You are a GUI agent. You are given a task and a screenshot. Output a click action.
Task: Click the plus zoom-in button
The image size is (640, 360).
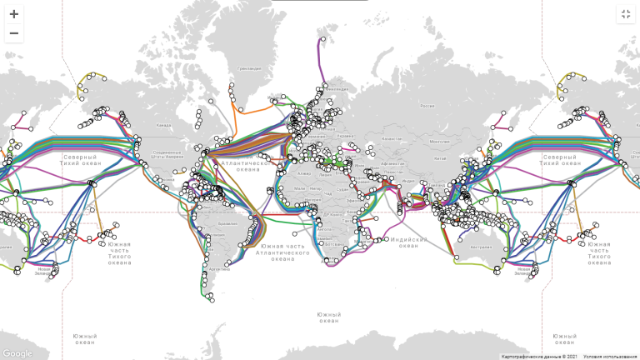13,14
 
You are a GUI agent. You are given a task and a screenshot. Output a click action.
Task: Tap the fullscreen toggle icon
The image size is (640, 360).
626,14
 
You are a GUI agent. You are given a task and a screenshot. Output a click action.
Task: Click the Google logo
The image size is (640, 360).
17,353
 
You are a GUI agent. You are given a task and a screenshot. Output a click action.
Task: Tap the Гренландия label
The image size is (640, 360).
249,68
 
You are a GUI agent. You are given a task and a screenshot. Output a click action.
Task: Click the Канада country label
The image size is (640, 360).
163,126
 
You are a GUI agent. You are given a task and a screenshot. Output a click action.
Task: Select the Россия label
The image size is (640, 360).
427,107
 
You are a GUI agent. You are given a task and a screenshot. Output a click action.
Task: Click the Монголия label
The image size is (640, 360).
441,141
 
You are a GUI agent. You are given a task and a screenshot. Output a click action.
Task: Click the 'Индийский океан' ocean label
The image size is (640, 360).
408,242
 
